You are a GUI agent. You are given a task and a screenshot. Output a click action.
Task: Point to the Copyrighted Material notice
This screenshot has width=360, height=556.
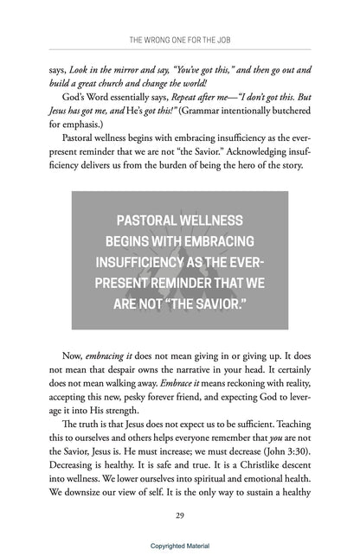tap(180, 546)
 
